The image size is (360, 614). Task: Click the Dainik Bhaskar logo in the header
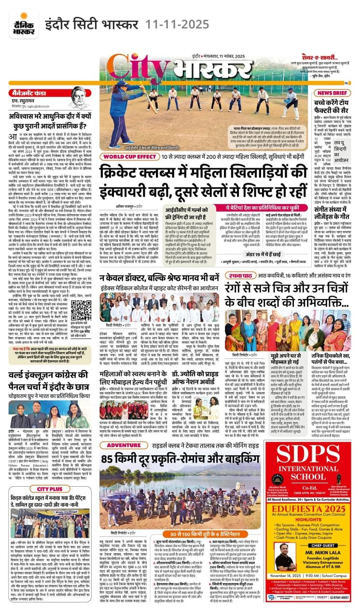click(20, 23)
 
